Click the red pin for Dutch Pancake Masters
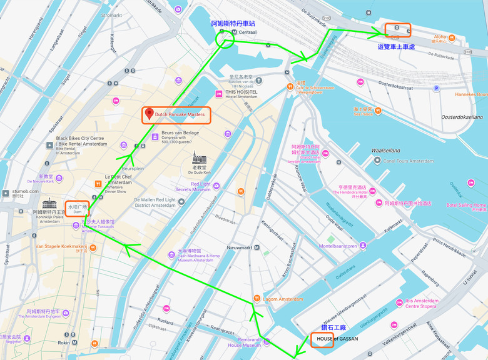(x=149, y=114)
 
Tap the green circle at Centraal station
(x=225, y=39)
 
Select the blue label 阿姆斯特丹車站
(x=233, y=23)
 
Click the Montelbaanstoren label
(x=338, y=246)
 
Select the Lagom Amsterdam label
(x=283, y=299)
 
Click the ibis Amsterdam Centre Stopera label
(x=428, y=304)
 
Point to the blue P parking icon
(x=436, y=88)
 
